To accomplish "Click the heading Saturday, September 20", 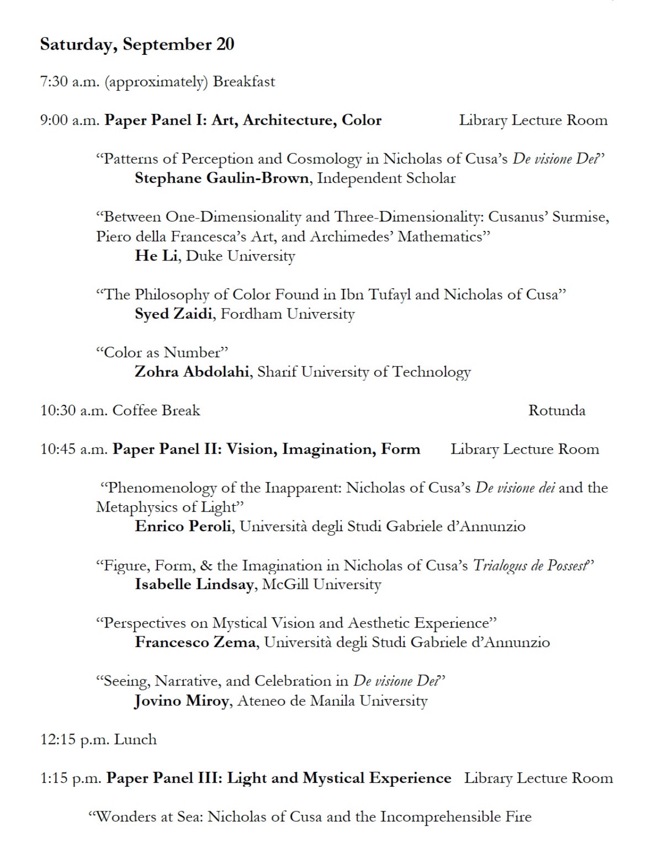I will [137, 45].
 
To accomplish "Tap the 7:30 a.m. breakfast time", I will [69, 82].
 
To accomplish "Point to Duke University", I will [240, 256].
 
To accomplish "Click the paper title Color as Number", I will [162, 353].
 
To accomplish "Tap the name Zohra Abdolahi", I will [192, 372].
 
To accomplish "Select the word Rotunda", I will [557, 411].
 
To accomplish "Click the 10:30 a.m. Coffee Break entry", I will [120, 411].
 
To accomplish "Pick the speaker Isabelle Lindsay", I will [194, 584].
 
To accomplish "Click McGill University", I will [322, 584].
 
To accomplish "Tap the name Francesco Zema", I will [195, 642].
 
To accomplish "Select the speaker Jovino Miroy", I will [181, 701].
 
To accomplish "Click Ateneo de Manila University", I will [332, 701].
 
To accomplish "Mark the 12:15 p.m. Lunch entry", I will [98, 739].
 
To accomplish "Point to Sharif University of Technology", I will [364, 372].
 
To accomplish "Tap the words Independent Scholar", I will [386, 178].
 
